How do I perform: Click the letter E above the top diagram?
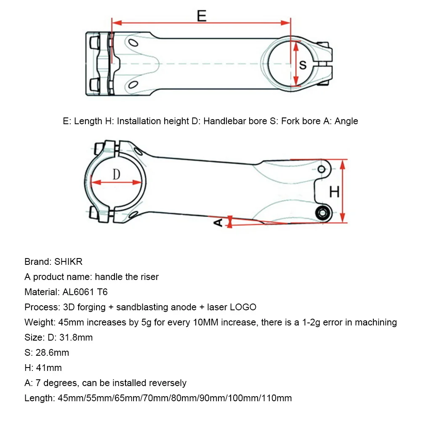pos(202,16)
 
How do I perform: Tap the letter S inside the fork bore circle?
pos(303,65)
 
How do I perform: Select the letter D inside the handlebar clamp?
pos(117,174)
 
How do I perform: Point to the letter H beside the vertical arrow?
pos(334,192)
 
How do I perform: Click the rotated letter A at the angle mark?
pos(218,222)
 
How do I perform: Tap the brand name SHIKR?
pos(69,261)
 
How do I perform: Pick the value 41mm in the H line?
pos(49,368)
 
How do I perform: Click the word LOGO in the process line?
pos(243,307)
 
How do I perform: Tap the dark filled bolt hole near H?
pos(323,213)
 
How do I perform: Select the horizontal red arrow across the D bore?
pos(117,182)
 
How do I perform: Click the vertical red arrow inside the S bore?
pos(296,65)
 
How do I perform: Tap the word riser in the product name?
pos(149,277)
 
